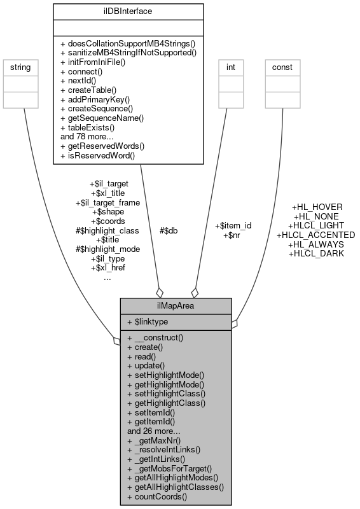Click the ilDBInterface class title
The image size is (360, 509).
[x=127, y=10]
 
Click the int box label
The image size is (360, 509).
[x=232, y=67]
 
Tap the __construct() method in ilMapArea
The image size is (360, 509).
[x=155, y=338]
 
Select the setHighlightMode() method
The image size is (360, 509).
[x=165, y=375]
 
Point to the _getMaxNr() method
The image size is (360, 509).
[x=154, y=440]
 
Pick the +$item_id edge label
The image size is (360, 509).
[x=233, y=226]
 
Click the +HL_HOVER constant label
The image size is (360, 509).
[x=317, y=207]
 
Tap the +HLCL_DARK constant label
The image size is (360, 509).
[x=316, y=253]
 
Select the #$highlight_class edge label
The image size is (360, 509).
[x=107, y=230]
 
